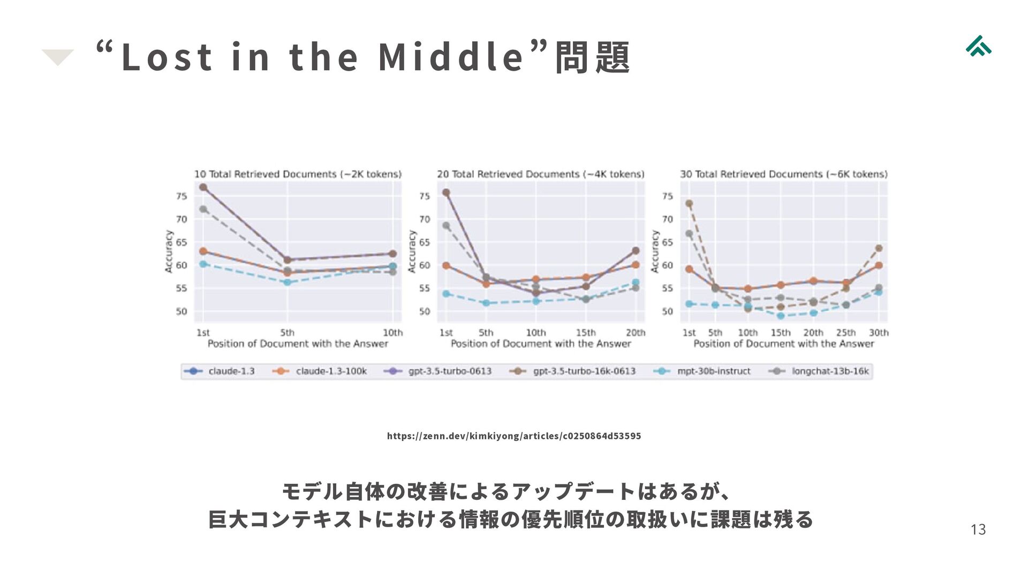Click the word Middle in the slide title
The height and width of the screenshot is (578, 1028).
(x=451, y=57)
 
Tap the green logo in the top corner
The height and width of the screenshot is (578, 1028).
(x=978, y=47)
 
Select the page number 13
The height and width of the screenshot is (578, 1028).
(x=978, y=529)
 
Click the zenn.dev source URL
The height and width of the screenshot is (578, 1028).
(x=513, y=436)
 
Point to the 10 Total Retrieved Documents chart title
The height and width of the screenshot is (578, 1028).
(x=298, y=174)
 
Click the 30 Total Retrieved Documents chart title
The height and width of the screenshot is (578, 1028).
(x=783, y=174)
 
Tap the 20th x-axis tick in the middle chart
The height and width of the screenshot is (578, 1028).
(x=636, y=332)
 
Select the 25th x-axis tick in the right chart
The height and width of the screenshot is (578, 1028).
(x=846, y=332)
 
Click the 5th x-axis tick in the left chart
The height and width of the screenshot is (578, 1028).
(x=287, y=332)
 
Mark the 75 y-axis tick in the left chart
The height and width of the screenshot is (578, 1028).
(x=182, y=196)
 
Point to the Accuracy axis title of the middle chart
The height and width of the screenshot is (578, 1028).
(x=412, y=252)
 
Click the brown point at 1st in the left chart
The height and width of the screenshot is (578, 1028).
(x=203, y=187)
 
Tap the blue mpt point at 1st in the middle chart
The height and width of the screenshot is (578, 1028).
(x=446, y=294)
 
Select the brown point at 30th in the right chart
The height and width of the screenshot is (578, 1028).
(x=879, y=248)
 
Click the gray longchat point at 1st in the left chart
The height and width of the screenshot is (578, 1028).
(x=203, y=209)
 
